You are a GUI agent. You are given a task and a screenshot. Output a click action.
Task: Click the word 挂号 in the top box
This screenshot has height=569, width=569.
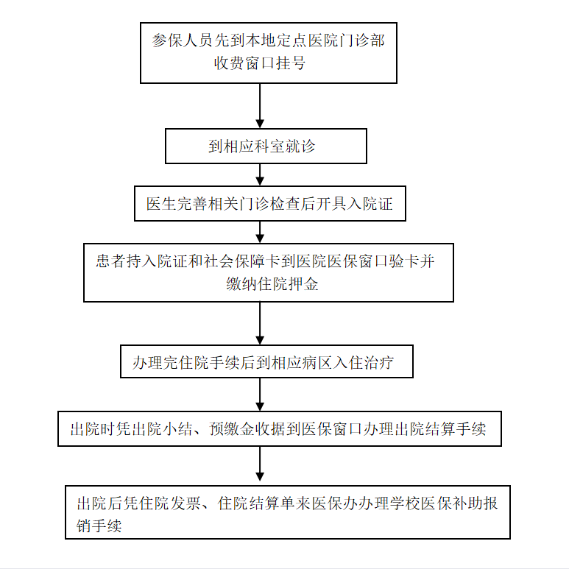(x=291, y=63)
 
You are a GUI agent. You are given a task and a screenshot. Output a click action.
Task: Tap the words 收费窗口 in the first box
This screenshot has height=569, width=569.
(x=244, y=63)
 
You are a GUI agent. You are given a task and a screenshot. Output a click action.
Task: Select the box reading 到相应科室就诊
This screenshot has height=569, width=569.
(x=266, y=146)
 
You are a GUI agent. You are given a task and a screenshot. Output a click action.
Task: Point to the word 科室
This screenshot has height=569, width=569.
(x=269, y=146)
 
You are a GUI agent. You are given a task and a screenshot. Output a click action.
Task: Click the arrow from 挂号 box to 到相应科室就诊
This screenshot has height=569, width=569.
(x=260, y=105)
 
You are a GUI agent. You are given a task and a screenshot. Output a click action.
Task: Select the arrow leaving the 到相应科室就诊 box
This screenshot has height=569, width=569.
(x=260, y=174)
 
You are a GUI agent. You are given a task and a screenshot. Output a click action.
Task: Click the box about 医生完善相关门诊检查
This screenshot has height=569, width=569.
(x=270, y=204)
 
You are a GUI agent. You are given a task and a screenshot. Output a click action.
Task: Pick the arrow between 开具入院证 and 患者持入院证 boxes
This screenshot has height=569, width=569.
(x=260, y=233)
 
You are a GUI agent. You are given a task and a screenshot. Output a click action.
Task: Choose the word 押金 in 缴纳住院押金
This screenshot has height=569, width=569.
(x=303, y=284)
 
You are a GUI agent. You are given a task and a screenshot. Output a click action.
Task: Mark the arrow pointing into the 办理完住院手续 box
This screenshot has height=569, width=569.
(x=260, y=323)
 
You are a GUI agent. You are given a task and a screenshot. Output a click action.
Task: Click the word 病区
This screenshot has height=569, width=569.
(x=317, y=362)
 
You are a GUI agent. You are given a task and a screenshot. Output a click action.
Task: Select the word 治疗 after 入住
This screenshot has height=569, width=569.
(x=379, y=362)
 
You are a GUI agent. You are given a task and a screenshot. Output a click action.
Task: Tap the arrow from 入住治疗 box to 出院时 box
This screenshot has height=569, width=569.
(x=260, y=395)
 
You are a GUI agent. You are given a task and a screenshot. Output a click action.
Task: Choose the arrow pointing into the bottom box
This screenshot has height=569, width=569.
(x=260, y=464)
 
